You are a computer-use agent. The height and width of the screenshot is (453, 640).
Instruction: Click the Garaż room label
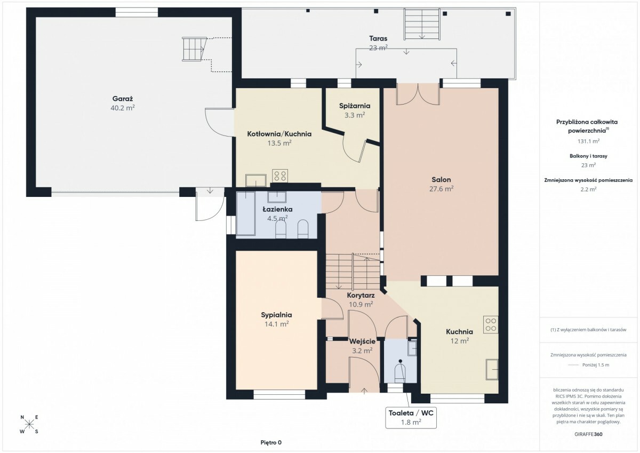click(123, 99)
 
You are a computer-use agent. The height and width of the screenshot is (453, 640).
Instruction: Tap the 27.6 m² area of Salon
click(441, 189)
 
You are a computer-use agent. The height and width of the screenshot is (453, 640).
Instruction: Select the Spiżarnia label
click(355, 106)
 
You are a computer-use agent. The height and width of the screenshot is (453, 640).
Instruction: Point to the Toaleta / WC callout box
click(411, 418)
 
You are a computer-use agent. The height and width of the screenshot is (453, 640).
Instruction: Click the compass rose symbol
click(29, 424)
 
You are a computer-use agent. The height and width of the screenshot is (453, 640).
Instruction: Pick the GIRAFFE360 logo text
click(588, 434)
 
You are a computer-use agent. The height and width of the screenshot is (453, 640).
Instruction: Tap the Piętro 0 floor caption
click(271, 442)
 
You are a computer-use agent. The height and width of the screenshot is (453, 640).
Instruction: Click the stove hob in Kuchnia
click(491, 324)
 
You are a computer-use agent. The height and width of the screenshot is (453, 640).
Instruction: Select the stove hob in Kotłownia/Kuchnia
click(279, 176)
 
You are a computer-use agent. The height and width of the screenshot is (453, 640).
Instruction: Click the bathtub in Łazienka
click(246, 213)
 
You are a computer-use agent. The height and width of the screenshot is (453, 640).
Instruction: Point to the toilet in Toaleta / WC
click(400, 371)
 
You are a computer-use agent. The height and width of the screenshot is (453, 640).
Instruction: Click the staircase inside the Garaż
click(194, 49)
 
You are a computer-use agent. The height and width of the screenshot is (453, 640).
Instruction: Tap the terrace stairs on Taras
click(422, 24)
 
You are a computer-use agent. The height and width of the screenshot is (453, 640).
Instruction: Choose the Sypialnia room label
click(276, 315)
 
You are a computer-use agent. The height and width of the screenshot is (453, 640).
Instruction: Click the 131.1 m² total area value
click(588, 141)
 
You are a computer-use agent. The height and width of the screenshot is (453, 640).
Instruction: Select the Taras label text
click(378, 38)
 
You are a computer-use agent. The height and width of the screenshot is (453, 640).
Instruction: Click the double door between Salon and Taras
click(418, 94)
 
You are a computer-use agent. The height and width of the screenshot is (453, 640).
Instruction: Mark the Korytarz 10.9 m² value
click(361, 305)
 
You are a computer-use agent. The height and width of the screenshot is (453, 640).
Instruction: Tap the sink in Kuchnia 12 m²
click(492, 369)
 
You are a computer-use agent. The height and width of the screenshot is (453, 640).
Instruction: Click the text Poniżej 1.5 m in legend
click(596, 365)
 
